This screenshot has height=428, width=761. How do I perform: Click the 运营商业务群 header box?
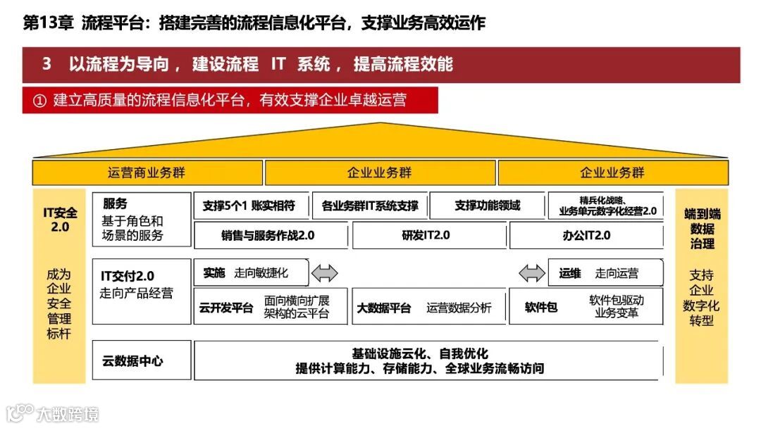tap(147, 172)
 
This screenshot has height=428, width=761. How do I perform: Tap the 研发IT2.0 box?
tap(429, 236)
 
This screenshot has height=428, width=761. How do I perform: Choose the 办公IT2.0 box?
tap(586, 236)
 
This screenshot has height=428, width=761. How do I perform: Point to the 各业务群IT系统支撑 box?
tap(369, 206)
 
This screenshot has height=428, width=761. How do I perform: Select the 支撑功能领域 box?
tap(487, 206)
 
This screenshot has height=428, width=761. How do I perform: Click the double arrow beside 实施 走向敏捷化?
tap(325, 273)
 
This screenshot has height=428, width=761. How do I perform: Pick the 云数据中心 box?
tap(132, 361)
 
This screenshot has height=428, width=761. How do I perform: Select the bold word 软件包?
tap(541, 308)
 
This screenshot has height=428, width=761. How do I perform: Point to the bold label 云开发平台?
tap(226, 308)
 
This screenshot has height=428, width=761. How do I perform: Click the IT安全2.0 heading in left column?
tap(60, 220)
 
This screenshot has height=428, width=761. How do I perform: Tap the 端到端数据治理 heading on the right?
tap(702, 228)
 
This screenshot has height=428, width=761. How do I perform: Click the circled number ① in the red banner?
tap(39, 101)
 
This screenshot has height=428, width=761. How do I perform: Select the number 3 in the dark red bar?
tap(47, 65)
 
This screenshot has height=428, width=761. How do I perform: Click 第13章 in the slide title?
tap(48, 23)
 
